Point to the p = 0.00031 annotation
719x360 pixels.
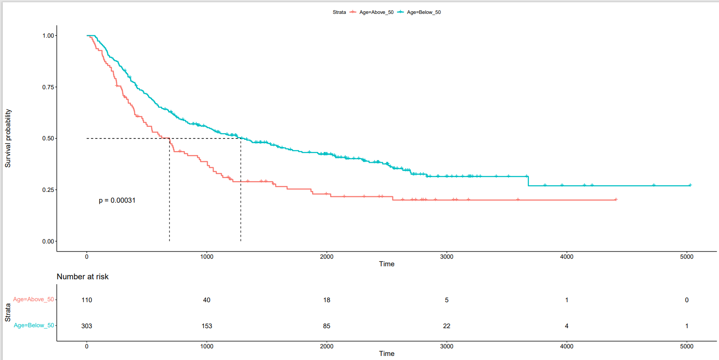[117, 200]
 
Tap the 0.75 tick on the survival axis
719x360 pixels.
[48, 87]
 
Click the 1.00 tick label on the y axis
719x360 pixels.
[48, 35]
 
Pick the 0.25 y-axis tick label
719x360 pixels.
[48, 190]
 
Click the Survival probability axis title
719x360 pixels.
[8, 139]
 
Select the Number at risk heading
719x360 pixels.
[83, 277]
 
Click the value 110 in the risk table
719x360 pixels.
[87, 300]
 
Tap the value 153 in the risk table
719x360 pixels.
[207, 326]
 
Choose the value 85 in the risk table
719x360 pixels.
[327, 326]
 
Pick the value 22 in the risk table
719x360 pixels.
[447, 326]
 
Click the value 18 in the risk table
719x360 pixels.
[327, 300]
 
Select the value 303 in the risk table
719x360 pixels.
[87, 326]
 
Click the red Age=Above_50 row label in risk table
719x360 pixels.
[33, 299]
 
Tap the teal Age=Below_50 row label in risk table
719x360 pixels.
[34, 325]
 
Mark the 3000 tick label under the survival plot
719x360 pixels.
[447, 257]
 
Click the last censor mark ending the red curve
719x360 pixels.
[616, 200]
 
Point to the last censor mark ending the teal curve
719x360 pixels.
[690, 185]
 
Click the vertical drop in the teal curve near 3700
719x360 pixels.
[528, 181]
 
